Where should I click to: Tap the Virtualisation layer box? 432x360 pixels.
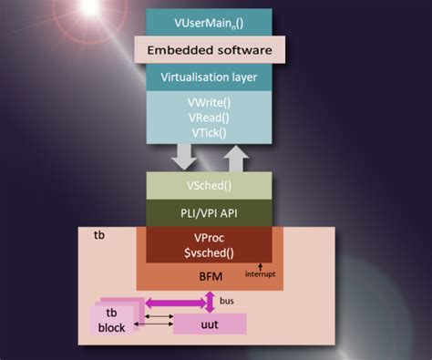[210, 77]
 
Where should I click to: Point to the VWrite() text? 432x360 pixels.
[210, 103]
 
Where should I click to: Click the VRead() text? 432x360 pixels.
[210, 118]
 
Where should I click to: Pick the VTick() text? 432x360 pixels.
[210, 132]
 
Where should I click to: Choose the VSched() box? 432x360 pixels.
[209, 186]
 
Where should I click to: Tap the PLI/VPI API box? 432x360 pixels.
[209, 213]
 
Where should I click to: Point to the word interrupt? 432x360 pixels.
[260, 273]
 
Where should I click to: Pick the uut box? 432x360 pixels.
[209, 324]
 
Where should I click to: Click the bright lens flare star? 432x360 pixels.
[90, 6]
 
